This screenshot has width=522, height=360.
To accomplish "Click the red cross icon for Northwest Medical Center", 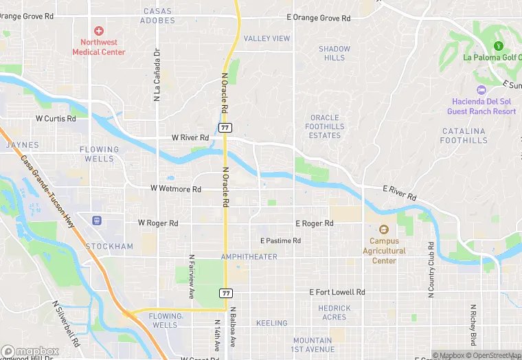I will pyautogui.click(x=99, y=31).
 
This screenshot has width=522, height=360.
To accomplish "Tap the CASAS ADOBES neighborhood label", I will pyautogui.click(x=158, y=16).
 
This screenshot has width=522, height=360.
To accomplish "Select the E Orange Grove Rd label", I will pyautogui.click(x=319, y=18).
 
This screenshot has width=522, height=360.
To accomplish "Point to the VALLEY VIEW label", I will pyautogui.click(x=267, y=38).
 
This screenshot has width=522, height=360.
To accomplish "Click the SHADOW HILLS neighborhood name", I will pyautogui.click(x=334, y=53).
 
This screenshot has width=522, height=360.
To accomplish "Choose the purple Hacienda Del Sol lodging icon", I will pyautogui.click(x=481, y=90).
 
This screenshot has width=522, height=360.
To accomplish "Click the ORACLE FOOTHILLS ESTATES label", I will pyautogui.click(x=325, y=126).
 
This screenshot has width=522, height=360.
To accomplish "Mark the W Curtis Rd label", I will pyautogui.click(x=56, y=118).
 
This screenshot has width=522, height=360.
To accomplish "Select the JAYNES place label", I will pyautogui.click(x=23, y=145).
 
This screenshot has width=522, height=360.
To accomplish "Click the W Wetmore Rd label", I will pyautogui.click(x=176, y=189).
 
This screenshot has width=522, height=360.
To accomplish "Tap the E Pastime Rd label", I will pyautogui.click(x=280, y=240).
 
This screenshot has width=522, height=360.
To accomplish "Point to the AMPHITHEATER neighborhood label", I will pyautogui.click(x=249, y=257).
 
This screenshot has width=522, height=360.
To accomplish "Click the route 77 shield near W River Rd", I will pyautogui.click(x=225, y=128).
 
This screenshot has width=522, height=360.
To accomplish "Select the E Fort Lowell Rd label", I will pyautogui.click(x=337, y=292).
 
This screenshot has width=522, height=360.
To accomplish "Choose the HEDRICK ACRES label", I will pyautogui.click(x=334, y=313).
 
